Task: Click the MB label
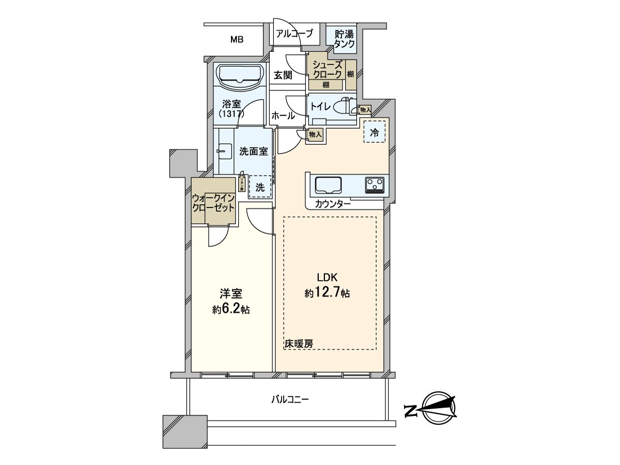point(237,39)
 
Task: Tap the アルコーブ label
point(295,34)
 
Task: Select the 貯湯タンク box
point(344,39)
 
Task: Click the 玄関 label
point(283,75)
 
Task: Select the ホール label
point(283,116)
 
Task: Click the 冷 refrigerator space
point(375,132)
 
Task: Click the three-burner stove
point(375,184)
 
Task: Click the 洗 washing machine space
point(261,187)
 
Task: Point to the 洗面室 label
point(253,151)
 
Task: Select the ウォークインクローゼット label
point(214,202)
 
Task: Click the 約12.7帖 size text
point(327,293)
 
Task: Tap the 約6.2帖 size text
point(231,309)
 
